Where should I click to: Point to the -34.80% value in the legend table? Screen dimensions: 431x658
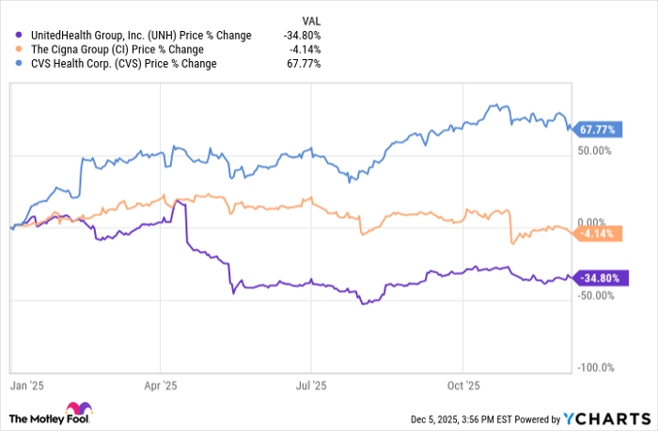tap(303, 36)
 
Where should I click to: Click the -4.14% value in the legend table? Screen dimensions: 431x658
tap(305, 50)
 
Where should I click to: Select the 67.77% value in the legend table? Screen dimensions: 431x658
tap(305, 64)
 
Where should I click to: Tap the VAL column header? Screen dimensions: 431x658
tap(310, 18)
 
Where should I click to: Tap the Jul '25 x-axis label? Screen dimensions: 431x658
tap(311, 385)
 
